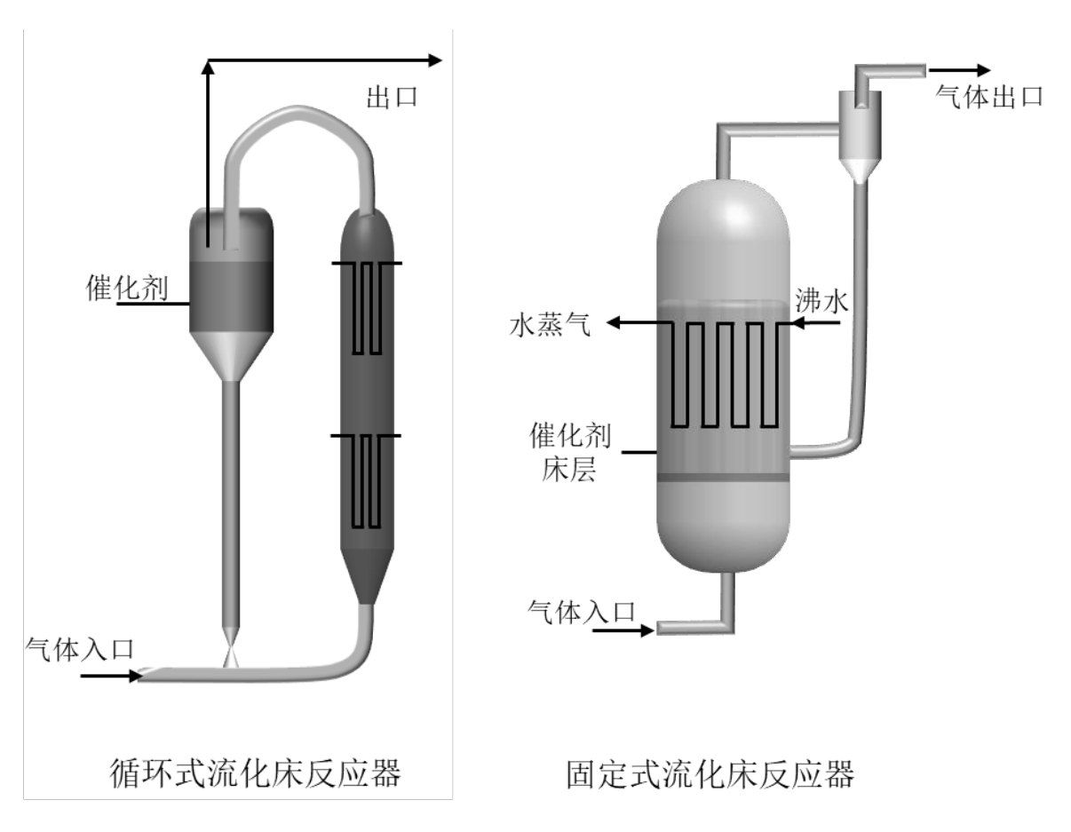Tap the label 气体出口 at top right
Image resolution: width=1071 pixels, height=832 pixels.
click(990, 97)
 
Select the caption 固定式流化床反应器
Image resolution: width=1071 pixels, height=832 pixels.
click(710, 773)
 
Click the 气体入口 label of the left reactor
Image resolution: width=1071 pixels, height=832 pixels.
click(81, 648)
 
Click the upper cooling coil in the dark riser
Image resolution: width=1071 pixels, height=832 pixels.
click(367, 307)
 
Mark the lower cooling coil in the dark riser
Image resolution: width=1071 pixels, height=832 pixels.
click(367, 479)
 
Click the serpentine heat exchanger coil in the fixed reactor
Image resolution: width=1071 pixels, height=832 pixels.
click(724, 373)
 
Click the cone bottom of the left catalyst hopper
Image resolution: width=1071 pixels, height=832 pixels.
click(230, 356)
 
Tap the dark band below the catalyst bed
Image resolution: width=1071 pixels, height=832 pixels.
click(723, 479)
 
